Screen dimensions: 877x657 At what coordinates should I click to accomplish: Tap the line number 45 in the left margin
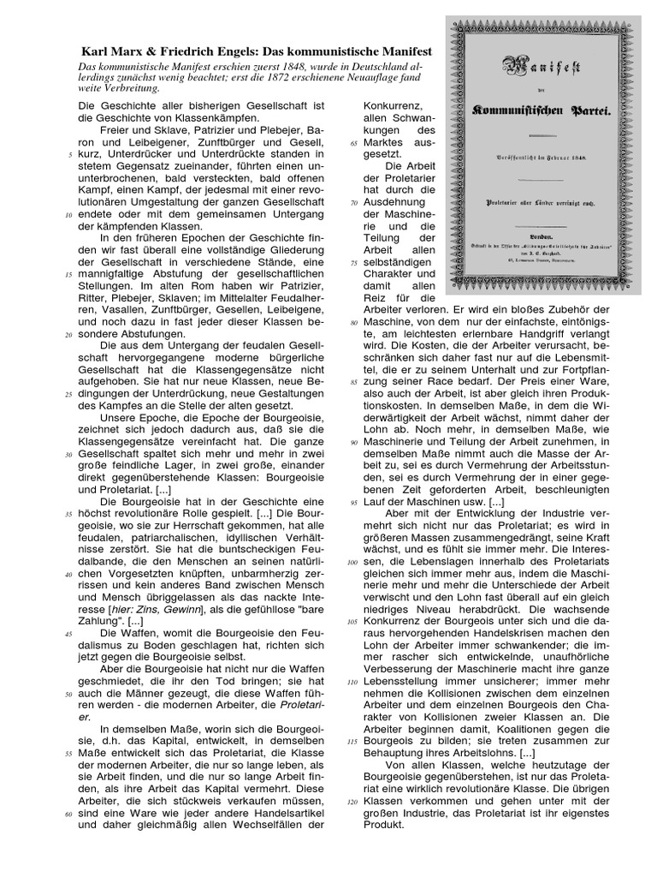(x=68, y=632)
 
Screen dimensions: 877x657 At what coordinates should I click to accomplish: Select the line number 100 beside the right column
(x=350, y=562)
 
